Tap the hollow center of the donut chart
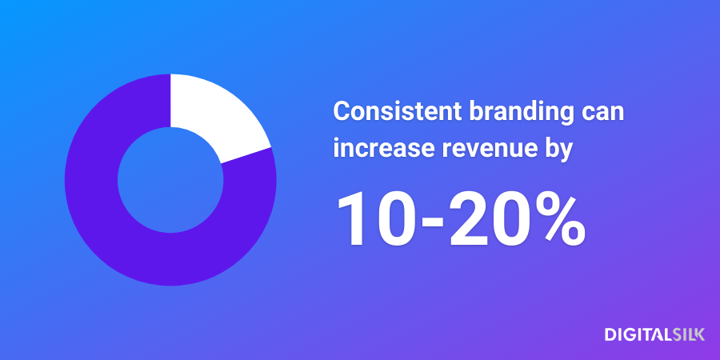(170, 180)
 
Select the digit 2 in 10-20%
(468, 219)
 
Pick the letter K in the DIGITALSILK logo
(699, 334)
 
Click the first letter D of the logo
(610, 334)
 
